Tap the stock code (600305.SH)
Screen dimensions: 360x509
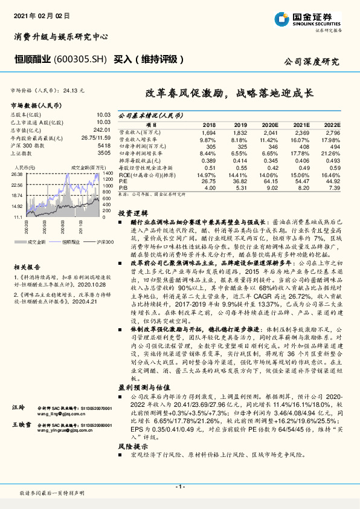[x=82, y=60]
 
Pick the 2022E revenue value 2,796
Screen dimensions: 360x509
[x=333, y=132]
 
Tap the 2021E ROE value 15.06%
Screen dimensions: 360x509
[x=301, y=175]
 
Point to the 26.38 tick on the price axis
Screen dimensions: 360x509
[x=18, y=173]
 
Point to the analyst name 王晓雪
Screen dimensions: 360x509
[x=21, y=427]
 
